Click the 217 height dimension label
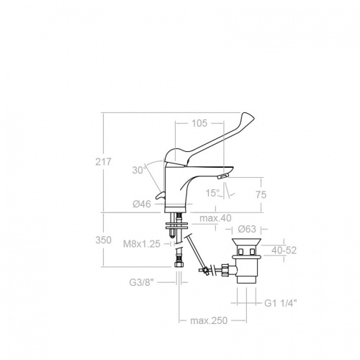click(104, 162)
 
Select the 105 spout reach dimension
click(199, 123)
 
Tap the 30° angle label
click(140, 170)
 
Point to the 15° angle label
click(213, 193)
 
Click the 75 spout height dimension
click(261, 194)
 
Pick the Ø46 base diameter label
click(142, 204)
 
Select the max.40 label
click(215, 218)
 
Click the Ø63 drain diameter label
click(247, 229)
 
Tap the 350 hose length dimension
click(104, 240)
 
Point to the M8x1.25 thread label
click(142, 244)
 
